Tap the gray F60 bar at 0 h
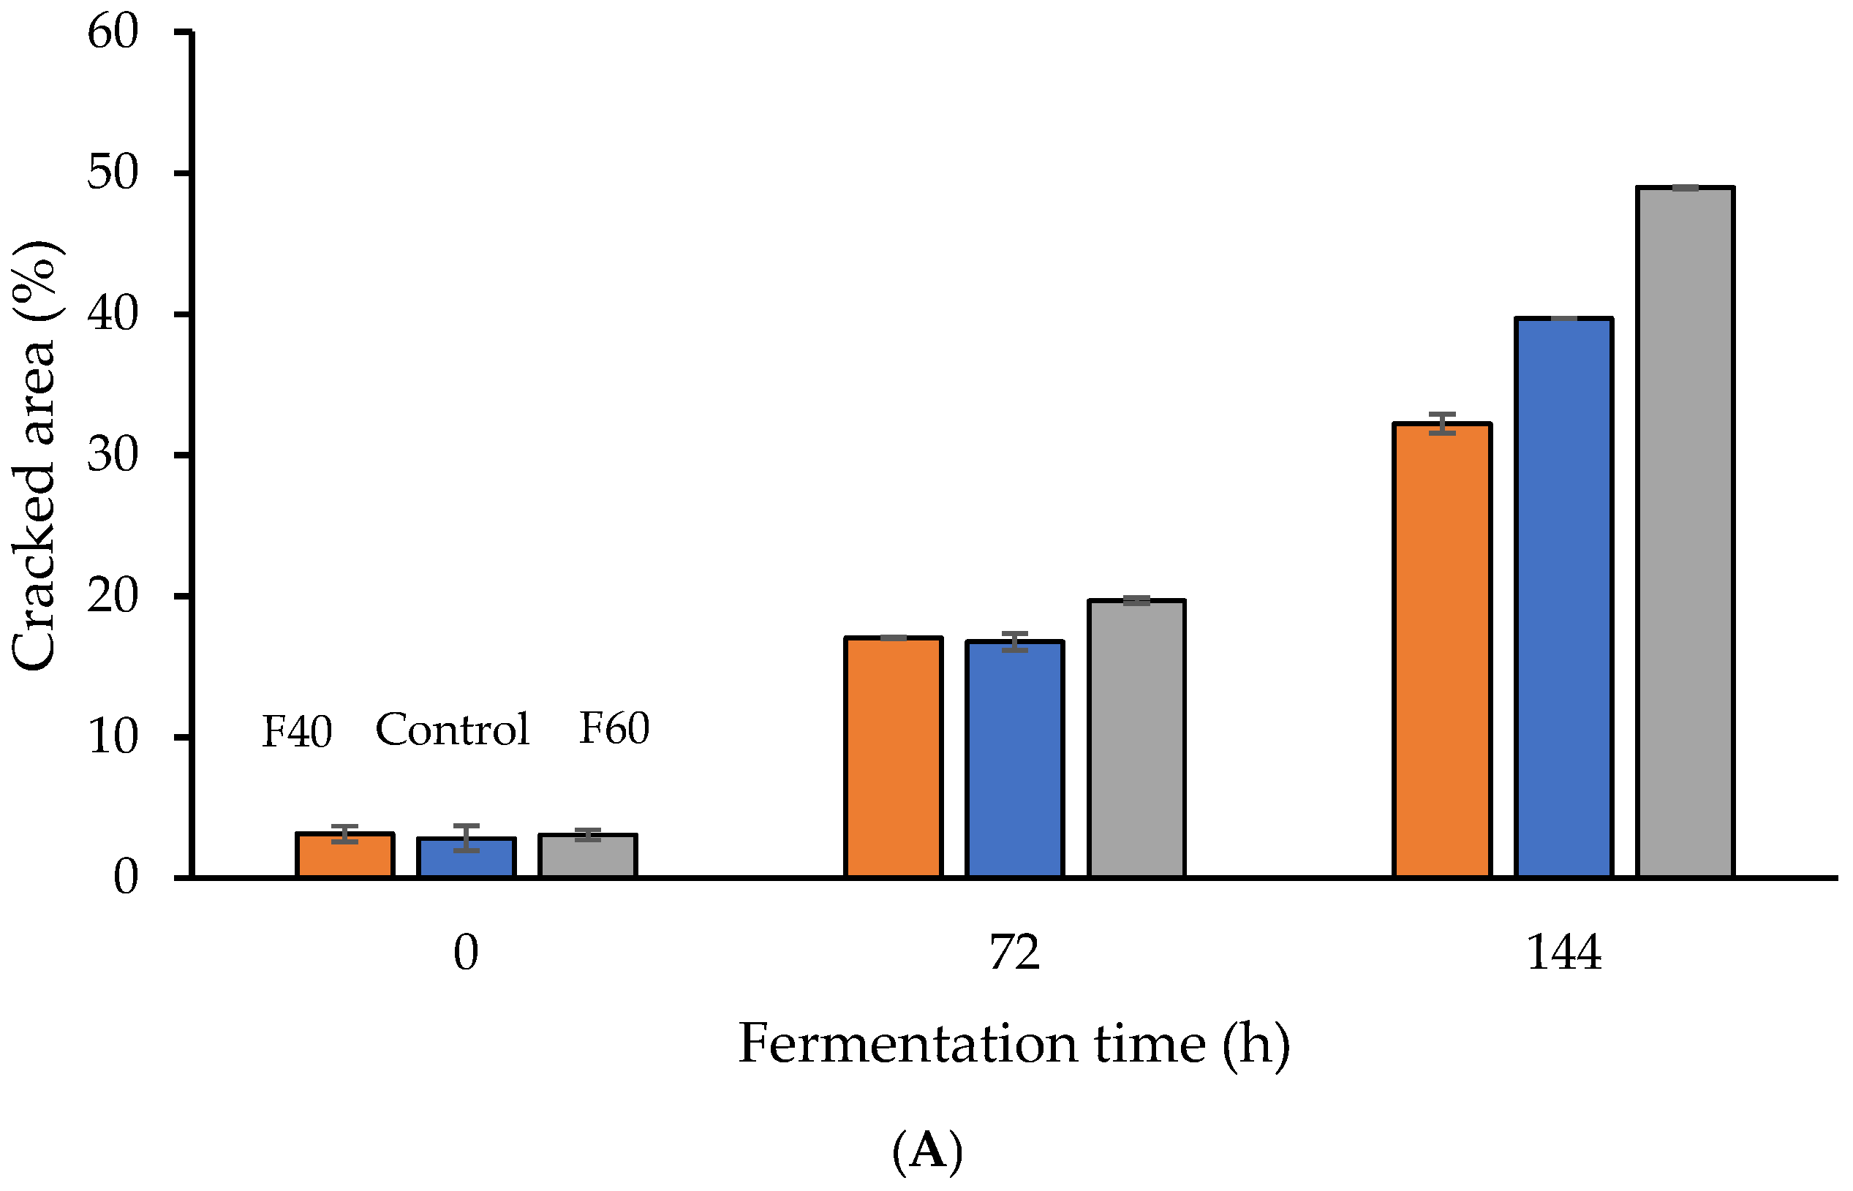click(x=588, y=856)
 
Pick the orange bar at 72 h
click(x=894, y=757)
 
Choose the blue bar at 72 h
click(x=1015, y=760)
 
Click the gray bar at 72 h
click(x=1136, y=738)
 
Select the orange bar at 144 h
click(x=1442, y=650)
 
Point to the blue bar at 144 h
click(x=1563, y=597)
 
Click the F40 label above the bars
click(x=297, y=731)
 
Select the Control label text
click(x=453, y=729)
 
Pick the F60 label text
click(x=614, y=727)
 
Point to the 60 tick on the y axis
click(x=113, y=32)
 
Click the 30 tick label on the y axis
click(x=113, y=455)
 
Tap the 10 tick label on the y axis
click(x=113, y=736)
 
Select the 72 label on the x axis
click(x=1015, y=953)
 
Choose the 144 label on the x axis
click(x=1563, y=953)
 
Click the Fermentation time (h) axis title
click(x=1015, y=1044)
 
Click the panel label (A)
click(x=927, y=1151)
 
